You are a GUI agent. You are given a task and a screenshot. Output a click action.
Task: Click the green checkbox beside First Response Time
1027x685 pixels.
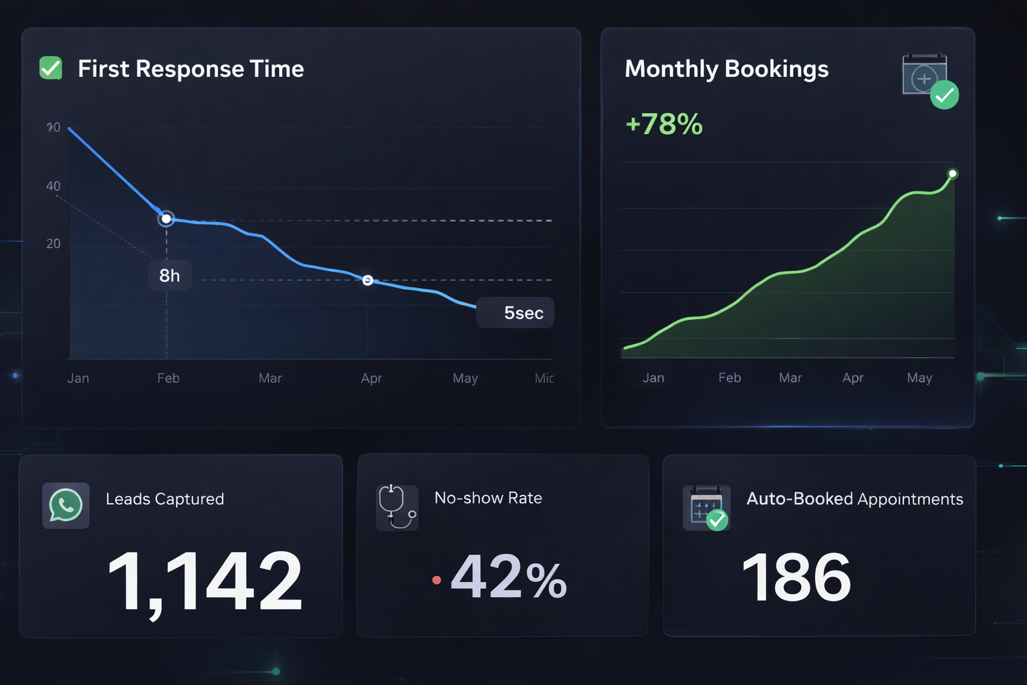(x=51, y=68)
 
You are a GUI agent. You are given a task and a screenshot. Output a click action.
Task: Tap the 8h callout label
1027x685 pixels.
(x=170, y=276)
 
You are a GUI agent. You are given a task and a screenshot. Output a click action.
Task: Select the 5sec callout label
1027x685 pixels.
(x=516, y=312)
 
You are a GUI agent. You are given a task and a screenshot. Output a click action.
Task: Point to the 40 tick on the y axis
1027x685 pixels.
(x=53, y=186)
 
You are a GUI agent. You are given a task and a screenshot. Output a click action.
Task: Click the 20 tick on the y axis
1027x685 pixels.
(x=53, y=243)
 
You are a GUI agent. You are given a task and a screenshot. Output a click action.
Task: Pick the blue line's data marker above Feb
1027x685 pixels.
(x=166, y=219)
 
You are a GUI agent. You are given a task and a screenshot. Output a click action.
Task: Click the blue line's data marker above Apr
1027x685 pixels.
(x=367, y=280)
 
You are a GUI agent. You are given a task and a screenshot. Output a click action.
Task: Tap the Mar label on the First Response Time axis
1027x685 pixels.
(x=270, y=378)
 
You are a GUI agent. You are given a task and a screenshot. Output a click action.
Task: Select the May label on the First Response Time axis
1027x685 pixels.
(x=465, y=378)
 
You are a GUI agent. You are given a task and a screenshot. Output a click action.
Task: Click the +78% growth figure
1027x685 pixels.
(x=664, y=124)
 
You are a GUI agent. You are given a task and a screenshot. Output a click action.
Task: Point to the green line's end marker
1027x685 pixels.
(x=953, y=174)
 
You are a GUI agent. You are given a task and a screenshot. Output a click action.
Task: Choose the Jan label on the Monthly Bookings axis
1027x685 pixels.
(x=653, y=378)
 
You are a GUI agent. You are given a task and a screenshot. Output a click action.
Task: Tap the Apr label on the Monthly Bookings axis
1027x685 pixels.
(x=852, y=378)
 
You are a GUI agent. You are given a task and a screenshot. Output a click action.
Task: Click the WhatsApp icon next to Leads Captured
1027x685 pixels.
(x=66, y=506)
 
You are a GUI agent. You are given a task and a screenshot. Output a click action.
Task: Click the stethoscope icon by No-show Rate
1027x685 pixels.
(x=396, y=507)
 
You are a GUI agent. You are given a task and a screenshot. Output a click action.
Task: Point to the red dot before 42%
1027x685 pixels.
(x=437, y=580)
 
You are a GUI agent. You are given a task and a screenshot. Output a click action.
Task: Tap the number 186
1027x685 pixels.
(x=796, y=577)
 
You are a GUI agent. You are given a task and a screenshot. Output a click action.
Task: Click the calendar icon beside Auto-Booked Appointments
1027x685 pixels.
(x=706, y=508)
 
